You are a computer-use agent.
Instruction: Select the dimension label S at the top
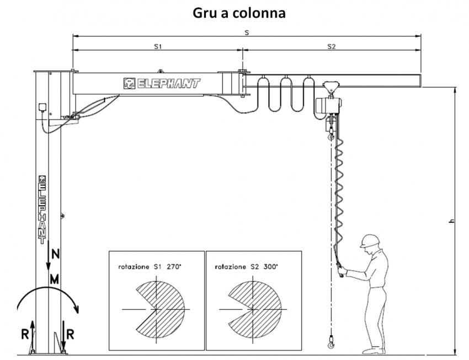(246, 33)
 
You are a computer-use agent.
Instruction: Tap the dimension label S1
(157, 47)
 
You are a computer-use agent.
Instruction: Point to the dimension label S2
(331, 47)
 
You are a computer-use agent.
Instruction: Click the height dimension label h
(451, 221)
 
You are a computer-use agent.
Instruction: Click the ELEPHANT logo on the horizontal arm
(162, 84)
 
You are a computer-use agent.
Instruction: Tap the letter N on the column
(54, 255)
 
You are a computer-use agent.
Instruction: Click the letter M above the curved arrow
(54, 280)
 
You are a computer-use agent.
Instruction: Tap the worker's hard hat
(369, 240)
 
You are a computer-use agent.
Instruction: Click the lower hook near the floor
(331, 343)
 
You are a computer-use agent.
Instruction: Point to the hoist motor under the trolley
(330, 105)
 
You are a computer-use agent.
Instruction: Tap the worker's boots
(373, 350)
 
